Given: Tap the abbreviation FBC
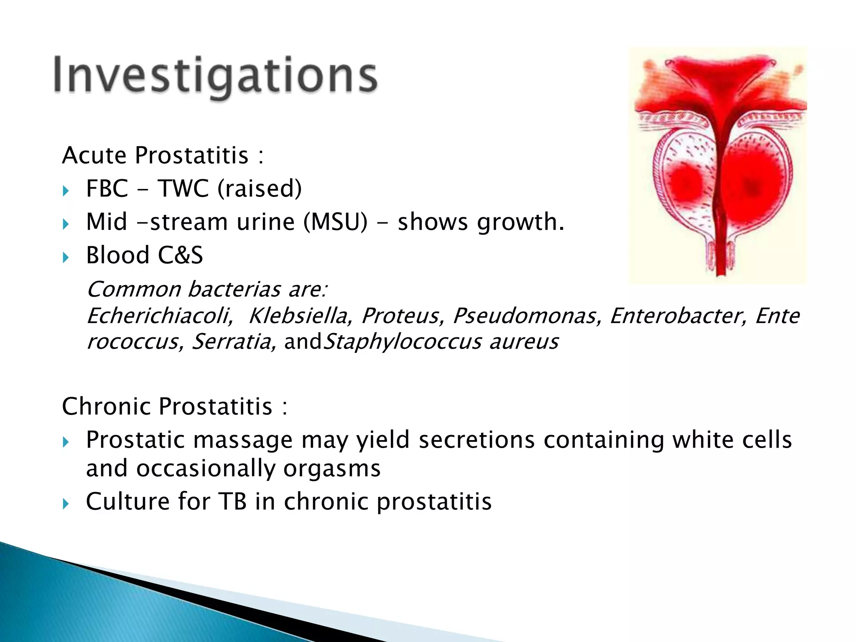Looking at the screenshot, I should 107,189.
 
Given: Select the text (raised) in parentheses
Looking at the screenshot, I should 259,189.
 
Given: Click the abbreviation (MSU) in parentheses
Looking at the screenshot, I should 336,222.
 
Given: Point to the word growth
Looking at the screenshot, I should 520,223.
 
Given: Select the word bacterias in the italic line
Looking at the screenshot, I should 234,289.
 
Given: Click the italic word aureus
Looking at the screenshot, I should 524,342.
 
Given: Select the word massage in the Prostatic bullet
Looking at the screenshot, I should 243,440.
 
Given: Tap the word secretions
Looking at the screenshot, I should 476,440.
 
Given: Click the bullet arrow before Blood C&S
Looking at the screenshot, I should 66,257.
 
